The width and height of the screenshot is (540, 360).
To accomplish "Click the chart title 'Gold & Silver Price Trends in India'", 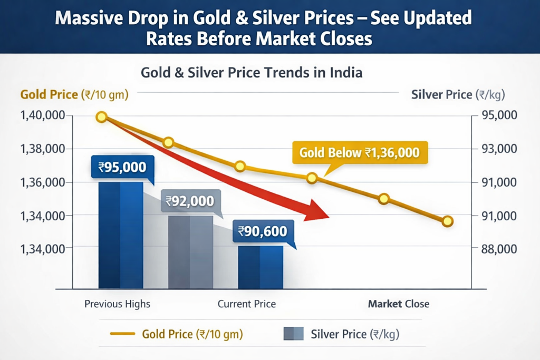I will tap(251, 72).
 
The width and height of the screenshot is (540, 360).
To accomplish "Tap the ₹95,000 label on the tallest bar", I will tap(122, 168).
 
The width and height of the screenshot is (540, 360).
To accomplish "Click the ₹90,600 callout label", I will tap(262, 231).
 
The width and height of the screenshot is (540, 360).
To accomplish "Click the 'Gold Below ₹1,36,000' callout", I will tap(360, 153).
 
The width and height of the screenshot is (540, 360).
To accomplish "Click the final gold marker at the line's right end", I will tap(448, 221).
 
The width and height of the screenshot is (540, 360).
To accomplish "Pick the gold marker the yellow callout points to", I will tap(312, 178).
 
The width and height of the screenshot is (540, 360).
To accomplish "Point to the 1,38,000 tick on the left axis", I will tap(43, 149).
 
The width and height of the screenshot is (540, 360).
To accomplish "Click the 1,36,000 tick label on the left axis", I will tap(43, 182).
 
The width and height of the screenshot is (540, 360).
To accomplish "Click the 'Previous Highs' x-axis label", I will tap(117, 304).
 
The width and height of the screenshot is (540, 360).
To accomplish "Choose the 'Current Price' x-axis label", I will tap(246, 304).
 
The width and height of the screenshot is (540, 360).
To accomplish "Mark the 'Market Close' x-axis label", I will tap(398, 304).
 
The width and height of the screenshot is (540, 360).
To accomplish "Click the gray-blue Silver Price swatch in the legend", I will tap(293, 334).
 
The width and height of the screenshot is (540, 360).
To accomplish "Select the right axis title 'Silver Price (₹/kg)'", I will tap(458, 95).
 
